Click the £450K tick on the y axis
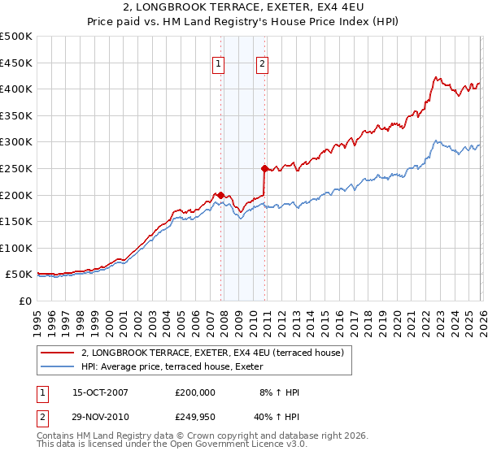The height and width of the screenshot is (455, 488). (16, 63)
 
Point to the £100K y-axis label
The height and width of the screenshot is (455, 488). (16, 248)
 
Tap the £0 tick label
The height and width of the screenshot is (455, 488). (24, 301)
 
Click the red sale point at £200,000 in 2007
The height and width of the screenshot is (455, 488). (220, 195)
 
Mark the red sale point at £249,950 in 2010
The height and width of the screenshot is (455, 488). (264, 168)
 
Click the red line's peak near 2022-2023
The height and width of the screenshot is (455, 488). (436, 78)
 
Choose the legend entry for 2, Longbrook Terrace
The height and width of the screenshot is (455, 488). (213, 353)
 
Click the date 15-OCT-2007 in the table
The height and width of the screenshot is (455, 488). (100, 392)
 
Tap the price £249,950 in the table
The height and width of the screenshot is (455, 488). (195, 419)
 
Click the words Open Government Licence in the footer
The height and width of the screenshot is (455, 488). (224, 444)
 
